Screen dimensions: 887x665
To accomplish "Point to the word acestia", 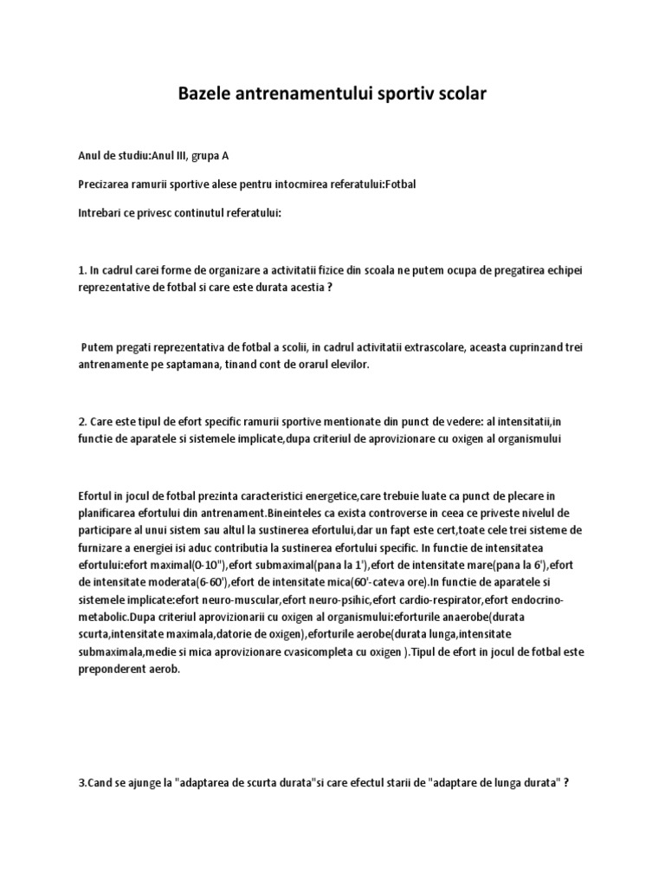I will click(x=300, y=288).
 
